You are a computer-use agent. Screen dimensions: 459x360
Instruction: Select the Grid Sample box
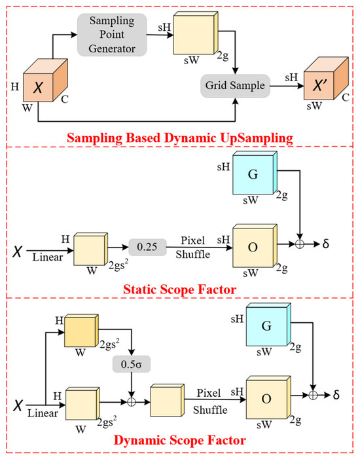coord(235,84)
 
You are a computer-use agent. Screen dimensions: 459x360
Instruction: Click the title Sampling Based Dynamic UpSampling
coord(179,138)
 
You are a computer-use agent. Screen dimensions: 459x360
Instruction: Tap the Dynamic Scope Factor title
coord(179,440)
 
